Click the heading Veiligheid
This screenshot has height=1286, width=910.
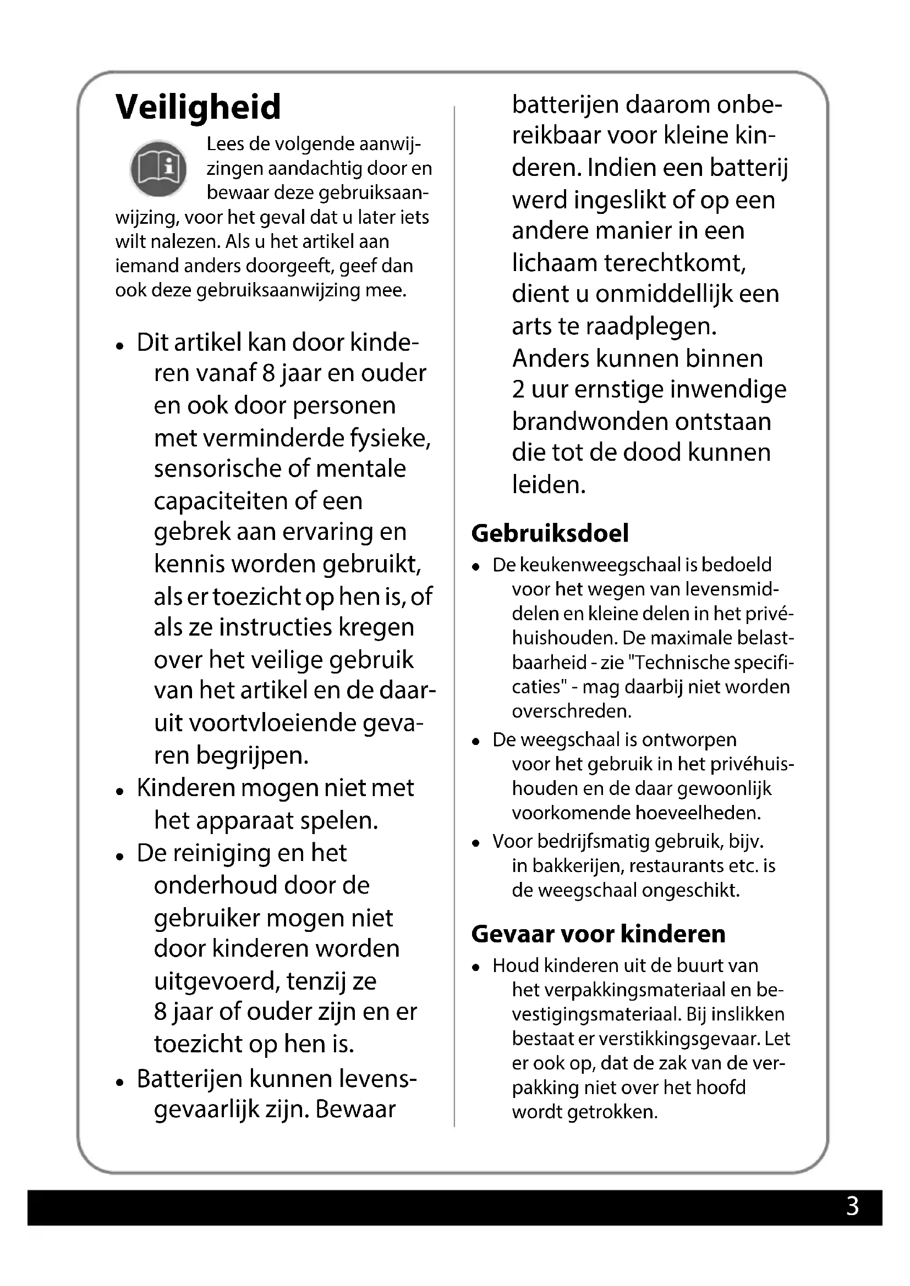point(198,107)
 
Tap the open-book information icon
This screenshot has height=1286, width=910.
point(158,168)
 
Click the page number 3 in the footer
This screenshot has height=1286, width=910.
point(852,1206)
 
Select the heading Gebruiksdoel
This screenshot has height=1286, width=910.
point(550,533)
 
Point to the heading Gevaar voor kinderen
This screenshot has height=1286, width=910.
point(598,934)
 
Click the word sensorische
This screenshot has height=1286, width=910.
point(215,468)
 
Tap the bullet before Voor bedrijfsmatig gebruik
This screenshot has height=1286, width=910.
point(476,843)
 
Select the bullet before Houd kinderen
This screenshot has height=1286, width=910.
point(476,967)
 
